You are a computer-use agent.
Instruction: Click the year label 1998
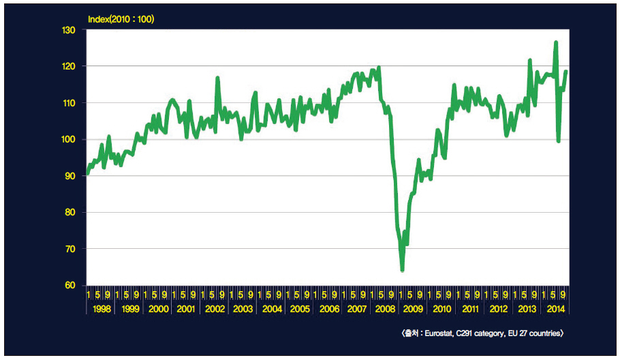101,309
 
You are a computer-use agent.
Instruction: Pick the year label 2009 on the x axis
414,309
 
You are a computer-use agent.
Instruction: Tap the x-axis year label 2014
555,309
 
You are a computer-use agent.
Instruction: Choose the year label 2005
300,309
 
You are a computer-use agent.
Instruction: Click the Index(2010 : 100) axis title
121,19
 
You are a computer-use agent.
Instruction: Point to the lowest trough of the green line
403,270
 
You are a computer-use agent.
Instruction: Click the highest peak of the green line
556,42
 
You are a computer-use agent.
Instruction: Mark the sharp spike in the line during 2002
217,78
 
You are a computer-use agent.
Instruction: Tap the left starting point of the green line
87,173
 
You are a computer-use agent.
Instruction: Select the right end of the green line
566,72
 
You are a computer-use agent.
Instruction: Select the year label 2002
215,309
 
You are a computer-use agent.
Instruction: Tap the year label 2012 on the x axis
499,309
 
